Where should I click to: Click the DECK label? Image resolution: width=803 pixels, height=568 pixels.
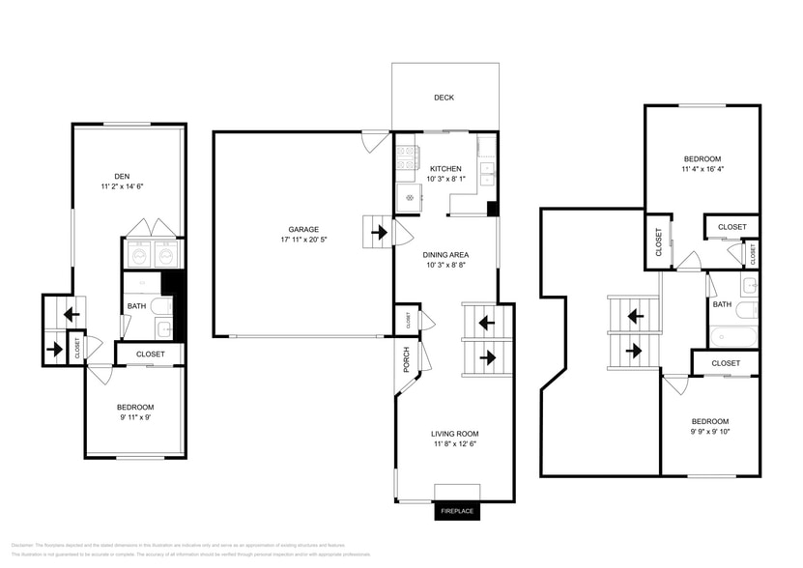pyautogui.click(x=444, y=98)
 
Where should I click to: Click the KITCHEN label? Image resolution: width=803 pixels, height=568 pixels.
pyautogui.click(x=445, y=168)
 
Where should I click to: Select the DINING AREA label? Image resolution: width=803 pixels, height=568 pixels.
pyautogui.click(x=445, y=254)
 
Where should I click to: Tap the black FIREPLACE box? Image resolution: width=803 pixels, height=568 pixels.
pyautogui.click(x=456, y=511)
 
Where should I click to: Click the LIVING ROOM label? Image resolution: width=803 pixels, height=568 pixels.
pyautogui.click(x=454, y=434)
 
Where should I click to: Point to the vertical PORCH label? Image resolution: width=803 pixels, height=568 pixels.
pyautogui.click(x=407, y=358)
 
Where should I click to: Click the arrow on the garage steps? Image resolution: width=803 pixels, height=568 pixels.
pyautogui.click(x=377, y=232)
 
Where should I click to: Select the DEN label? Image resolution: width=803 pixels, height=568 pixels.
pyautogui.click(x=122, y=176)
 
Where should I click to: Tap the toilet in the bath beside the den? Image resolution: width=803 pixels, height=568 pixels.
pyautogui.click(x=163, y=305)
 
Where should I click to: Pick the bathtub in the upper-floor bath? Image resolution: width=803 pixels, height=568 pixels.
pyautogui.click(x=733, y=337)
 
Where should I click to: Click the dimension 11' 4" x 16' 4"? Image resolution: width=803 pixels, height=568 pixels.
pyautogui.click(x=703, y=169)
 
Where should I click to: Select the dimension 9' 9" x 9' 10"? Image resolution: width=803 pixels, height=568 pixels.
pyautogui.click(x=709, y=432)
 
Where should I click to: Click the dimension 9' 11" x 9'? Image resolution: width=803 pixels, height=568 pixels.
pyautogui.click(x=134, y=418)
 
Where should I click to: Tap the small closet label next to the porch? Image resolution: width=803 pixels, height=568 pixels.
pyautogui.click(x=407, y=319)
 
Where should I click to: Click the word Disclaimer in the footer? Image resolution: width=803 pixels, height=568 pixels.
pyautogui.click(x=23, y=546)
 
